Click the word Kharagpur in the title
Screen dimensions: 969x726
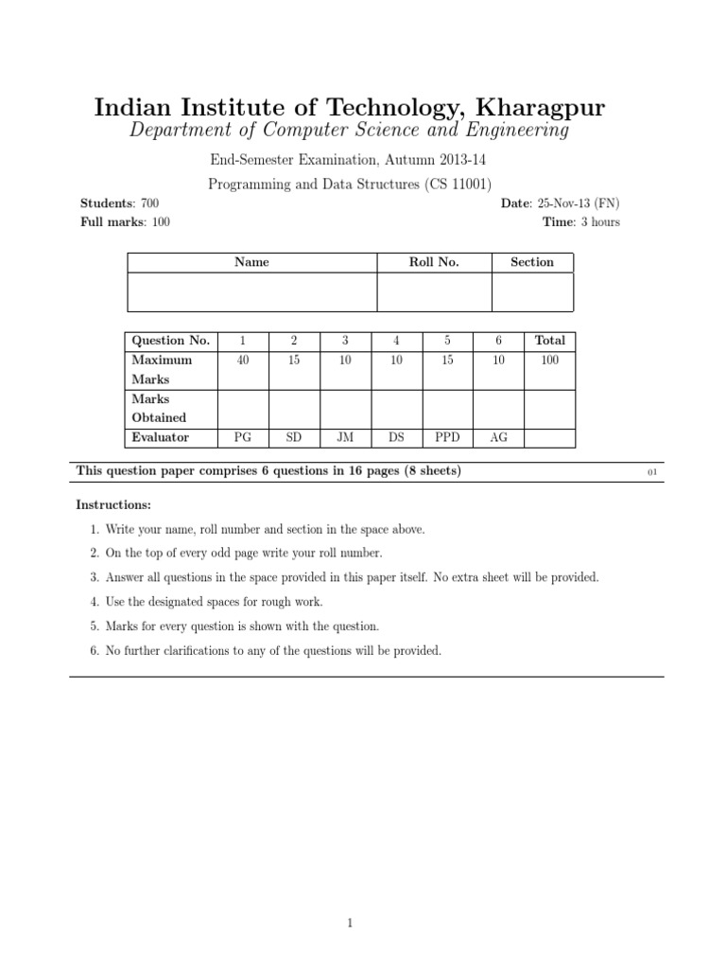coord(543,107)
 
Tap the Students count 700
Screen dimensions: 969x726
coord(149,203)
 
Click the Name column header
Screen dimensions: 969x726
coord(251,262)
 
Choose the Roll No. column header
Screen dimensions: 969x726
coord(434,262)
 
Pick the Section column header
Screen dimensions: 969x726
coord(531,262)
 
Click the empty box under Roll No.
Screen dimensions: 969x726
coord(434,291)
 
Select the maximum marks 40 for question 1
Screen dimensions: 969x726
coord(243,360)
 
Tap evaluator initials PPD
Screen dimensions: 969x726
coord(447,437)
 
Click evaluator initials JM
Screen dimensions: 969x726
coord(345,437)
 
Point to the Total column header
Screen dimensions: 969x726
coord(549,341)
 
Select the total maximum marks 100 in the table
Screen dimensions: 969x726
coord(549,360)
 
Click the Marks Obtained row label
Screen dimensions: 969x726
coord(159,408)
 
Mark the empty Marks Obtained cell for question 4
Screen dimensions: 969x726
coord(396,408)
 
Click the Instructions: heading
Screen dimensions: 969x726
coord(112,505)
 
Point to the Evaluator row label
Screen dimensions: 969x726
coord(161,437)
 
